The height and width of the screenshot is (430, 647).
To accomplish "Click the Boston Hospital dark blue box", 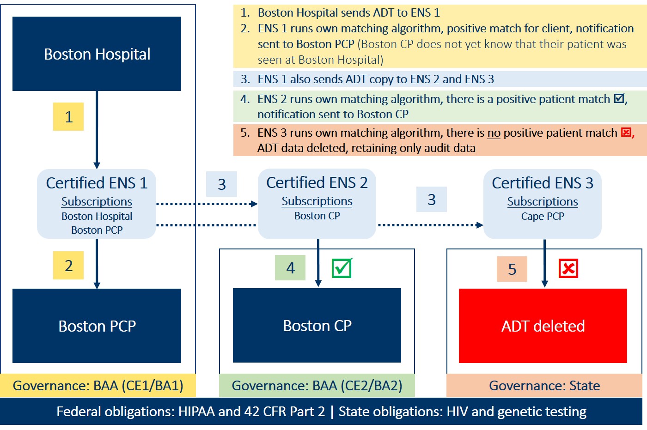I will click(x=97, y=54).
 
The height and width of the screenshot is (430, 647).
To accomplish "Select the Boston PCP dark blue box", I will click(x=97, y=326).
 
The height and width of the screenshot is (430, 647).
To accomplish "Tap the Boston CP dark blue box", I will click(x=317, y=326).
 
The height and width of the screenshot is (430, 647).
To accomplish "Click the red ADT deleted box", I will click(x=543, y=326).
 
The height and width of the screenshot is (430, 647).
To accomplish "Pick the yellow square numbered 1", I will click(x=68, y=117).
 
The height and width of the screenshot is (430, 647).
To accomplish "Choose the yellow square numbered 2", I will click(x=68, y=266).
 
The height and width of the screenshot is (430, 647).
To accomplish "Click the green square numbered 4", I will click(x=290, y=268).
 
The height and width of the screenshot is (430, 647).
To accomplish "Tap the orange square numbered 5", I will click(x=512, y=269).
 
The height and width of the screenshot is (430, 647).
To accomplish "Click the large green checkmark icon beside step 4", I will click(x=342, y=268).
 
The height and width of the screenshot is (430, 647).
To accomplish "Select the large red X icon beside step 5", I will click(x=568, y=268).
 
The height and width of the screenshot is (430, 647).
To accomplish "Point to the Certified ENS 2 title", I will click(x=317, y=183).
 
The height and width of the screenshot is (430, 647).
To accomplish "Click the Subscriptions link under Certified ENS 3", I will click(x=543, y=202).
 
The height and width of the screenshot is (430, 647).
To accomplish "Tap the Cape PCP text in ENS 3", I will click(x=543, y=216).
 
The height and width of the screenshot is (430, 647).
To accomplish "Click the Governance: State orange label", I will click(x=544, y=386).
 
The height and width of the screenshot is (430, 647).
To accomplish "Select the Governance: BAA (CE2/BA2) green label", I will click(x=317, y=386).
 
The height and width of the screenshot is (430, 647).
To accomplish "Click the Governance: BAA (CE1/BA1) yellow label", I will click(x=98, y=386).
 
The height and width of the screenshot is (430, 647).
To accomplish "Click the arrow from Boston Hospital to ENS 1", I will click(x=97, y=129).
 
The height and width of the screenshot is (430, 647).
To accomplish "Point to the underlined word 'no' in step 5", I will click(x=494, y=133).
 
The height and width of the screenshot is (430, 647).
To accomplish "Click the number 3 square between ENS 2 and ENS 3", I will click(x=431, y=200).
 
